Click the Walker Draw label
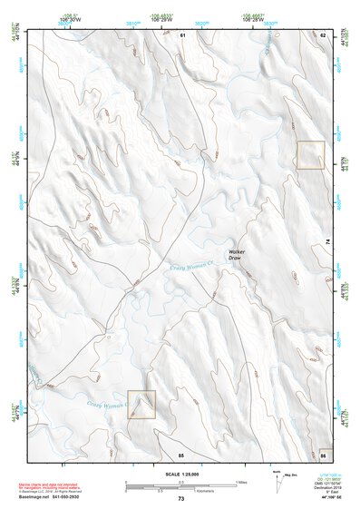click(x=238, y=255)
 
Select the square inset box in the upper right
click(x=311, y=155)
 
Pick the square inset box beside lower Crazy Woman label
click(x=141, y=405)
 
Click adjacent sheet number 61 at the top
click(x=181, y=34)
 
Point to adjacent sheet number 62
click(x=322, y=34)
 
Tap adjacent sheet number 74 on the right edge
click(x=327, y=241)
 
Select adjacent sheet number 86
click(x=323, y=453)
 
